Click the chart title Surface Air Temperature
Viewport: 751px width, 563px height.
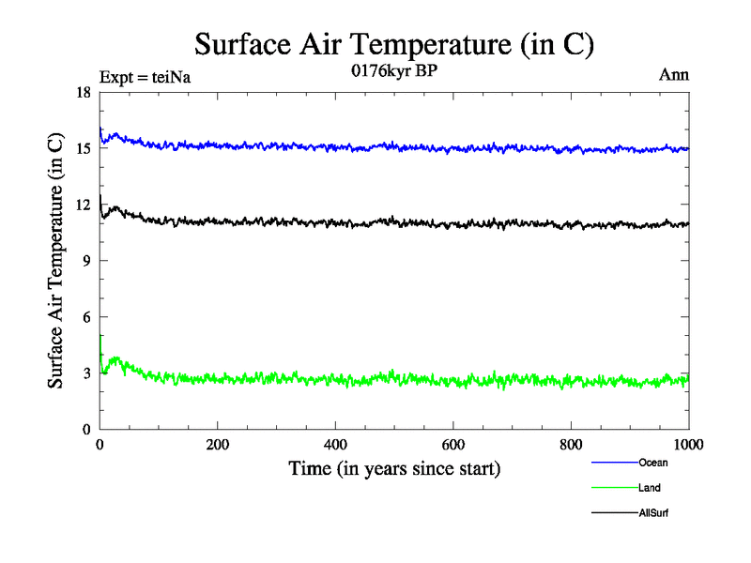[x=394, y=44]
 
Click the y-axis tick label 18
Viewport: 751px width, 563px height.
[x=83, y=92]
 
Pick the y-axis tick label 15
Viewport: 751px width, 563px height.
[x=83, y=148]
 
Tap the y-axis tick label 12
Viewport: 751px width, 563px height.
[x=83, y=205]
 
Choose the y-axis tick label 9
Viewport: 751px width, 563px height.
[x=86, y=261]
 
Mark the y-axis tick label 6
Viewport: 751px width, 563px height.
[x=86, y=317]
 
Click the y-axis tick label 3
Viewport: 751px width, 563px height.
[x=86, y=373]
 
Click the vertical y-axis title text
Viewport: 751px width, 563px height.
[x=57, y=261]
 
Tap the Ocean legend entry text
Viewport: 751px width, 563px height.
[x=654, y=463]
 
